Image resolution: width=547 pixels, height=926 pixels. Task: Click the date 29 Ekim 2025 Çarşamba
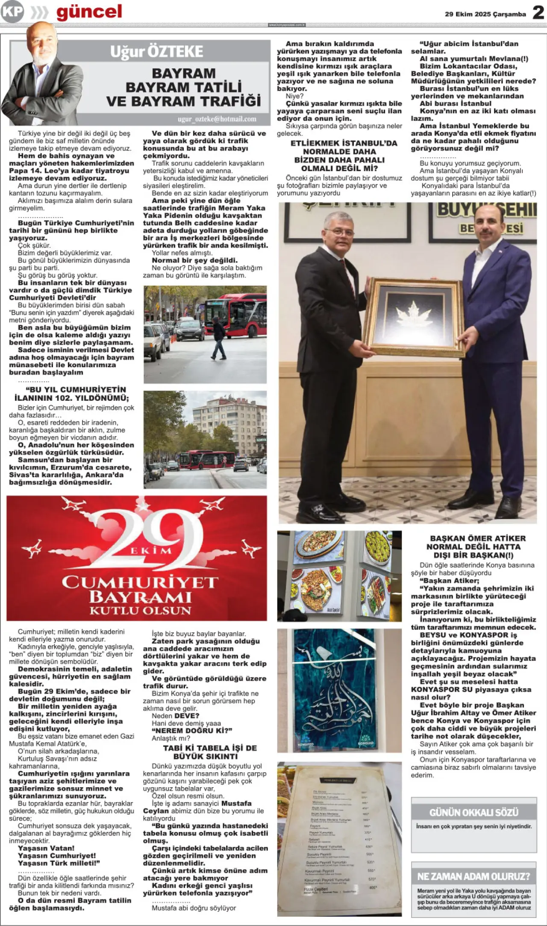[x=485, y=14]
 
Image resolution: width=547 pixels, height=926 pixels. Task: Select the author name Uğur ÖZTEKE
[x=156, y=52]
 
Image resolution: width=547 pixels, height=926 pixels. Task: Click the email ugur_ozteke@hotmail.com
[x=217, y=119]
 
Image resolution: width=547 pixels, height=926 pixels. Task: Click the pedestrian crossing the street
[x=219, y=338]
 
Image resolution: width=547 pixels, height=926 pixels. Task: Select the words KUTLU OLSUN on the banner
[x=140, y=611]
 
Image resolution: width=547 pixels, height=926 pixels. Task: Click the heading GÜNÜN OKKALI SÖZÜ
[x=473, y=812]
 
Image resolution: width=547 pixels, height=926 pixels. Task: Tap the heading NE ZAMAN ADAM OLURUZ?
[x=473, y=876]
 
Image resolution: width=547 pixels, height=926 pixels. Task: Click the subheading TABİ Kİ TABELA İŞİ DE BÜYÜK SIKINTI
[x=206, y=752]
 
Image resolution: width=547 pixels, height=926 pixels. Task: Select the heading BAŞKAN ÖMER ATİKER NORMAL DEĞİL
[x=478, y=547]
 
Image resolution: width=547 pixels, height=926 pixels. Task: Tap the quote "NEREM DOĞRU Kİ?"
[x=192, y=730]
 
